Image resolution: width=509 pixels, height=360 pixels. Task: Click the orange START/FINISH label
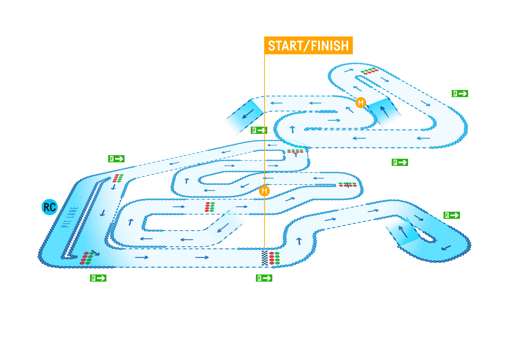(308, 46)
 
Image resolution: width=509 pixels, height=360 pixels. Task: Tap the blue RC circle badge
(49, 207)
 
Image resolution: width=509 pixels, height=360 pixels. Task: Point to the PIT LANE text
(69, 217)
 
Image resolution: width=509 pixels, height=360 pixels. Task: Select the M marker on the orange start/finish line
(264, 191)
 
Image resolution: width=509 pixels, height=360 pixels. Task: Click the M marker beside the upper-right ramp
(361, 103)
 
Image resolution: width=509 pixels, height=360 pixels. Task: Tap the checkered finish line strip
(265, 258)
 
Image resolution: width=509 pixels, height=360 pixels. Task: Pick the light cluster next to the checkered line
(275, 258)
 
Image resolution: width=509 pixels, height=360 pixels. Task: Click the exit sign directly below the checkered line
(264, 278)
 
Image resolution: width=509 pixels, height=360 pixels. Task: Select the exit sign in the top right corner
(460, 94)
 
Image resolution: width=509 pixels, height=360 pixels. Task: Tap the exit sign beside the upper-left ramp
(259, 130)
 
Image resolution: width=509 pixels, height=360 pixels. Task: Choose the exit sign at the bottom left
(98, 278)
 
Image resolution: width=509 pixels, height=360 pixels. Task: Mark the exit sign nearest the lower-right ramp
(451, 215)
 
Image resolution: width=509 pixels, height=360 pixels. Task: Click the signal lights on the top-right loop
(369, 71)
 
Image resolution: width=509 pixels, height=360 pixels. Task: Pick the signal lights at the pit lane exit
(87, 258)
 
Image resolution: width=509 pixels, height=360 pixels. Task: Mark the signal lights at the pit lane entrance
(118, 178)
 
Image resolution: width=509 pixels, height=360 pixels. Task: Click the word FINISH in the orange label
(329, 46)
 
